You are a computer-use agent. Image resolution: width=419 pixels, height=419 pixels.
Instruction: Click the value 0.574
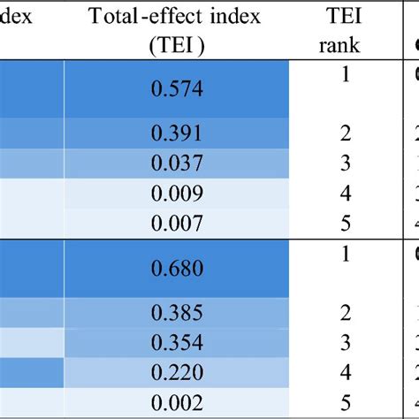pyautogui.click(x=178, y=88)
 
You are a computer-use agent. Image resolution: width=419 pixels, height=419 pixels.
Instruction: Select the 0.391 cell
pyautogui.click(x=178, y=133)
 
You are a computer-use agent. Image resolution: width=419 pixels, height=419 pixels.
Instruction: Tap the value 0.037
pyautogui.click(x=178, y=163)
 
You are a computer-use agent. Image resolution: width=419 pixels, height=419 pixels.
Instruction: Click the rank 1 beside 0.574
pyautogui.click(x=346, y=74)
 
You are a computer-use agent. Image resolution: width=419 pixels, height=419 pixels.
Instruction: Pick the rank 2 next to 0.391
pyautogui.click(x=346, y=133)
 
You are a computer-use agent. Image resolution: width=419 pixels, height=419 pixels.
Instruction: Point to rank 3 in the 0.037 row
pyautogui.click(x=346, y=163)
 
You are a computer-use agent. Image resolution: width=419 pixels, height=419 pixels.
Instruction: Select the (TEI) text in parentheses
pyautogui.click(x=177, y=46)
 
